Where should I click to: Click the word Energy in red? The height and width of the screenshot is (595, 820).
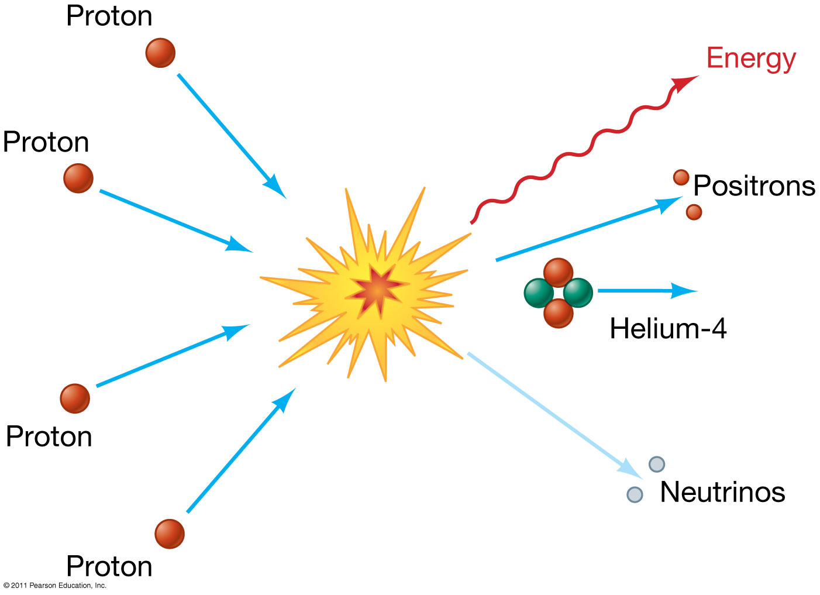pos(751,59)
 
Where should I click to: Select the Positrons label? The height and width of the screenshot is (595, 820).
pos(754,185)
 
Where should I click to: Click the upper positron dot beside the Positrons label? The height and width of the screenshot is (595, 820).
pos(681,177)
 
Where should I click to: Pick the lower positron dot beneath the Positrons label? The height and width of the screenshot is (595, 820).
pos(694,212)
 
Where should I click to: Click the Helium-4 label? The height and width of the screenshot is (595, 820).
pos(668,328)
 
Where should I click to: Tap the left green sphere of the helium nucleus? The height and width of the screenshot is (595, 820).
pos(539,293)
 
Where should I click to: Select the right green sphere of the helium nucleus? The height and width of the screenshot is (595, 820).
pos(578,293)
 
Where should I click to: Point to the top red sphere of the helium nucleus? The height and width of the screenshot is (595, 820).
pos(558,273)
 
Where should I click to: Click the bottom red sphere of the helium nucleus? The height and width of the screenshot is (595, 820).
pos(558,313)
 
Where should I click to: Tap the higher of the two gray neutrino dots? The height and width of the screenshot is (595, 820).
pos(657,465)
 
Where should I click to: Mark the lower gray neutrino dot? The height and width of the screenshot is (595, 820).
pos(635,494)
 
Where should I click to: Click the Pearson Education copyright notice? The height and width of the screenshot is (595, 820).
pos(55,585)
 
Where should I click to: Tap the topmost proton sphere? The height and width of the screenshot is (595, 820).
pos(160,53)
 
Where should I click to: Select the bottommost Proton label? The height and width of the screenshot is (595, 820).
pos(109,566)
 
